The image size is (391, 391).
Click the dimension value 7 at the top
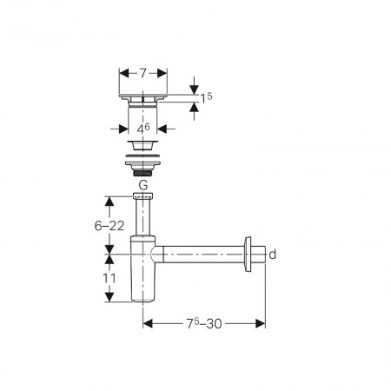coord(142,73)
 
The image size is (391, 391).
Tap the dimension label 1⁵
coord(206,98)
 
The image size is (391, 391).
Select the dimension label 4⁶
coord(143,129)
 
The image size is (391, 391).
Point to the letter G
coord(143,184)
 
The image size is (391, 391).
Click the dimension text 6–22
coord(109,226)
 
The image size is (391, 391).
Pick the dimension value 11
coord(109,278)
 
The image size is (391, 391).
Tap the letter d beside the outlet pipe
coord(273,255)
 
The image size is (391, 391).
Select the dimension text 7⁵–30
coord(204,323)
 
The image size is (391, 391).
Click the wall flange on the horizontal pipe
coord(248,255)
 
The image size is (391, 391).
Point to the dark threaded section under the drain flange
coord(142,174)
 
